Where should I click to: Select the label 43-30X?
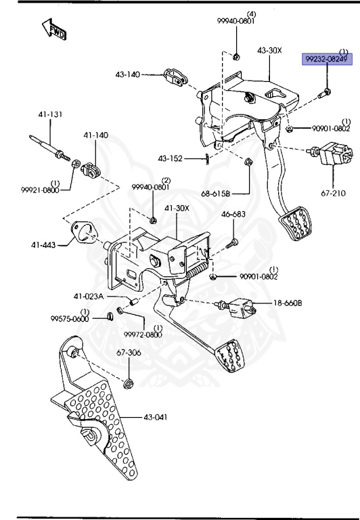pos(270,51)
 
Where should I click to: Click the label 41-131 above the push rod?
pos(49,114)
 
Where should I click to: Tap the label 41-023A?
pos(89,296)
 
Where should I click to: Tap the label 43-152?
pos(171,158)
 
